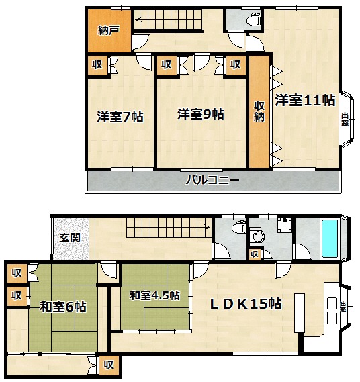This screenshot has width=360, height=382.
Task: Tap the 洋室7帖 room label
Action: (x=120, y=117)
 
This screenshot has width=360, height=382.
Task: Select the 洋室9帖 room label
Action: (x=201, y=114)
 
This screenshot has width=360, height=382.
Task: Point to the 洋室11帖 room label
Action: (x=305, y=100)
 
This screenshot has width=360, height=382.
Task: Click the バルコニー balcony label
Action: (x=213, y=181)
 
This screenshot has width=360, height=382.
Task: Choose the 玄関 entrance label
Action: (x=71, y=238)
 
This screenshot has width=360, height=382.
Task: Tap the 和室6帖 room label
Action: (x=63, y=307)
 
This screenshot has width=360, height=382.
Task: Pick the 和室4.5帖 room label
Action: (x=154, y=296)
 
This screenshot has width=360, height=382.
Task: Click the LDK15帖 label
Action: (x=246, y=304)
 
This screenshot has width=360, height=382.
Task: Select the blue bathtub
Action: (x=330, y=239)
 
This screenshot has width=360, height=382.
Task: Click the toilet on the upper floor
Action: (x=253, y=19)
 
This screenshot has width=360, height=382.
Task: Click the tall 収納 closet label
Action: (x=259, y=111)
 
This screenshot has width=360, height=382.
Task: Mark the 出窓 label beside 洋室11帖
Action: (x=345, y=119)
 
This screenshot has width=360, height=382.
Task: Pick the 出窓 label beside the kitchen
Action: (x=343, y=307)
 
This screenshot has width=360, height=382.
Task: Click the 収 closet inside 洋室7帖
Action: (x=97, y=65)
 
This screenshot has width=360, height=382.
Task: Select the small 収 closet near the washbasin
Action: (x=255, y=254)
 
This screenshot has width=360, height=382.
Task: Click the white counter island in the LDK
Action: (x=300, y=313)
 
